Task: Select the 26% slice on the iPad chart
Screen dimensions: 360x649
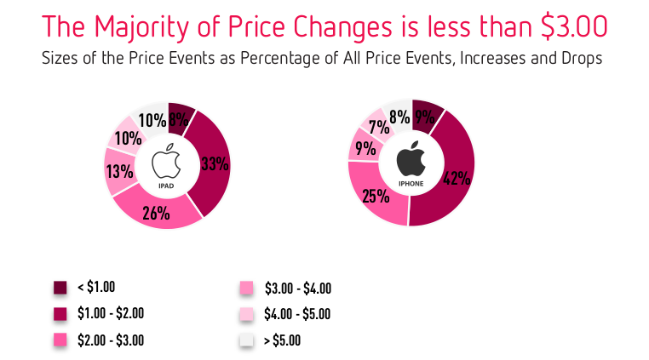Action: point(156,213)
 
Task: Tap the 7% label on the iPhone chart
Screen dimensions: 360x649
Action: point(376,127)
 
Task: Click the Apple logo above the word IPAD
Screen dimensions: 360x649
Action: point(167,162)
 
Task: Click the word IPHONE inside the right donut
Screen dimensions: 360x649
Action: point(411,184)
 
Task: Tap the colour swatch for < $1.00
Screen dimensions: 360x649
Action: point(60,288)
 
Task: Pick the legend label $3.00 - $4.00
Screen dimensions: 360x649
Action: point(298,288)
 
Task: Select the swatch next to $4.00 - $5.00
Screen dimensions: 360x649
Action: point(246,314)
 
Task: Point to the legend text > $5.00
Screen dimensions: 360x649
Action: point(284,340)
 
